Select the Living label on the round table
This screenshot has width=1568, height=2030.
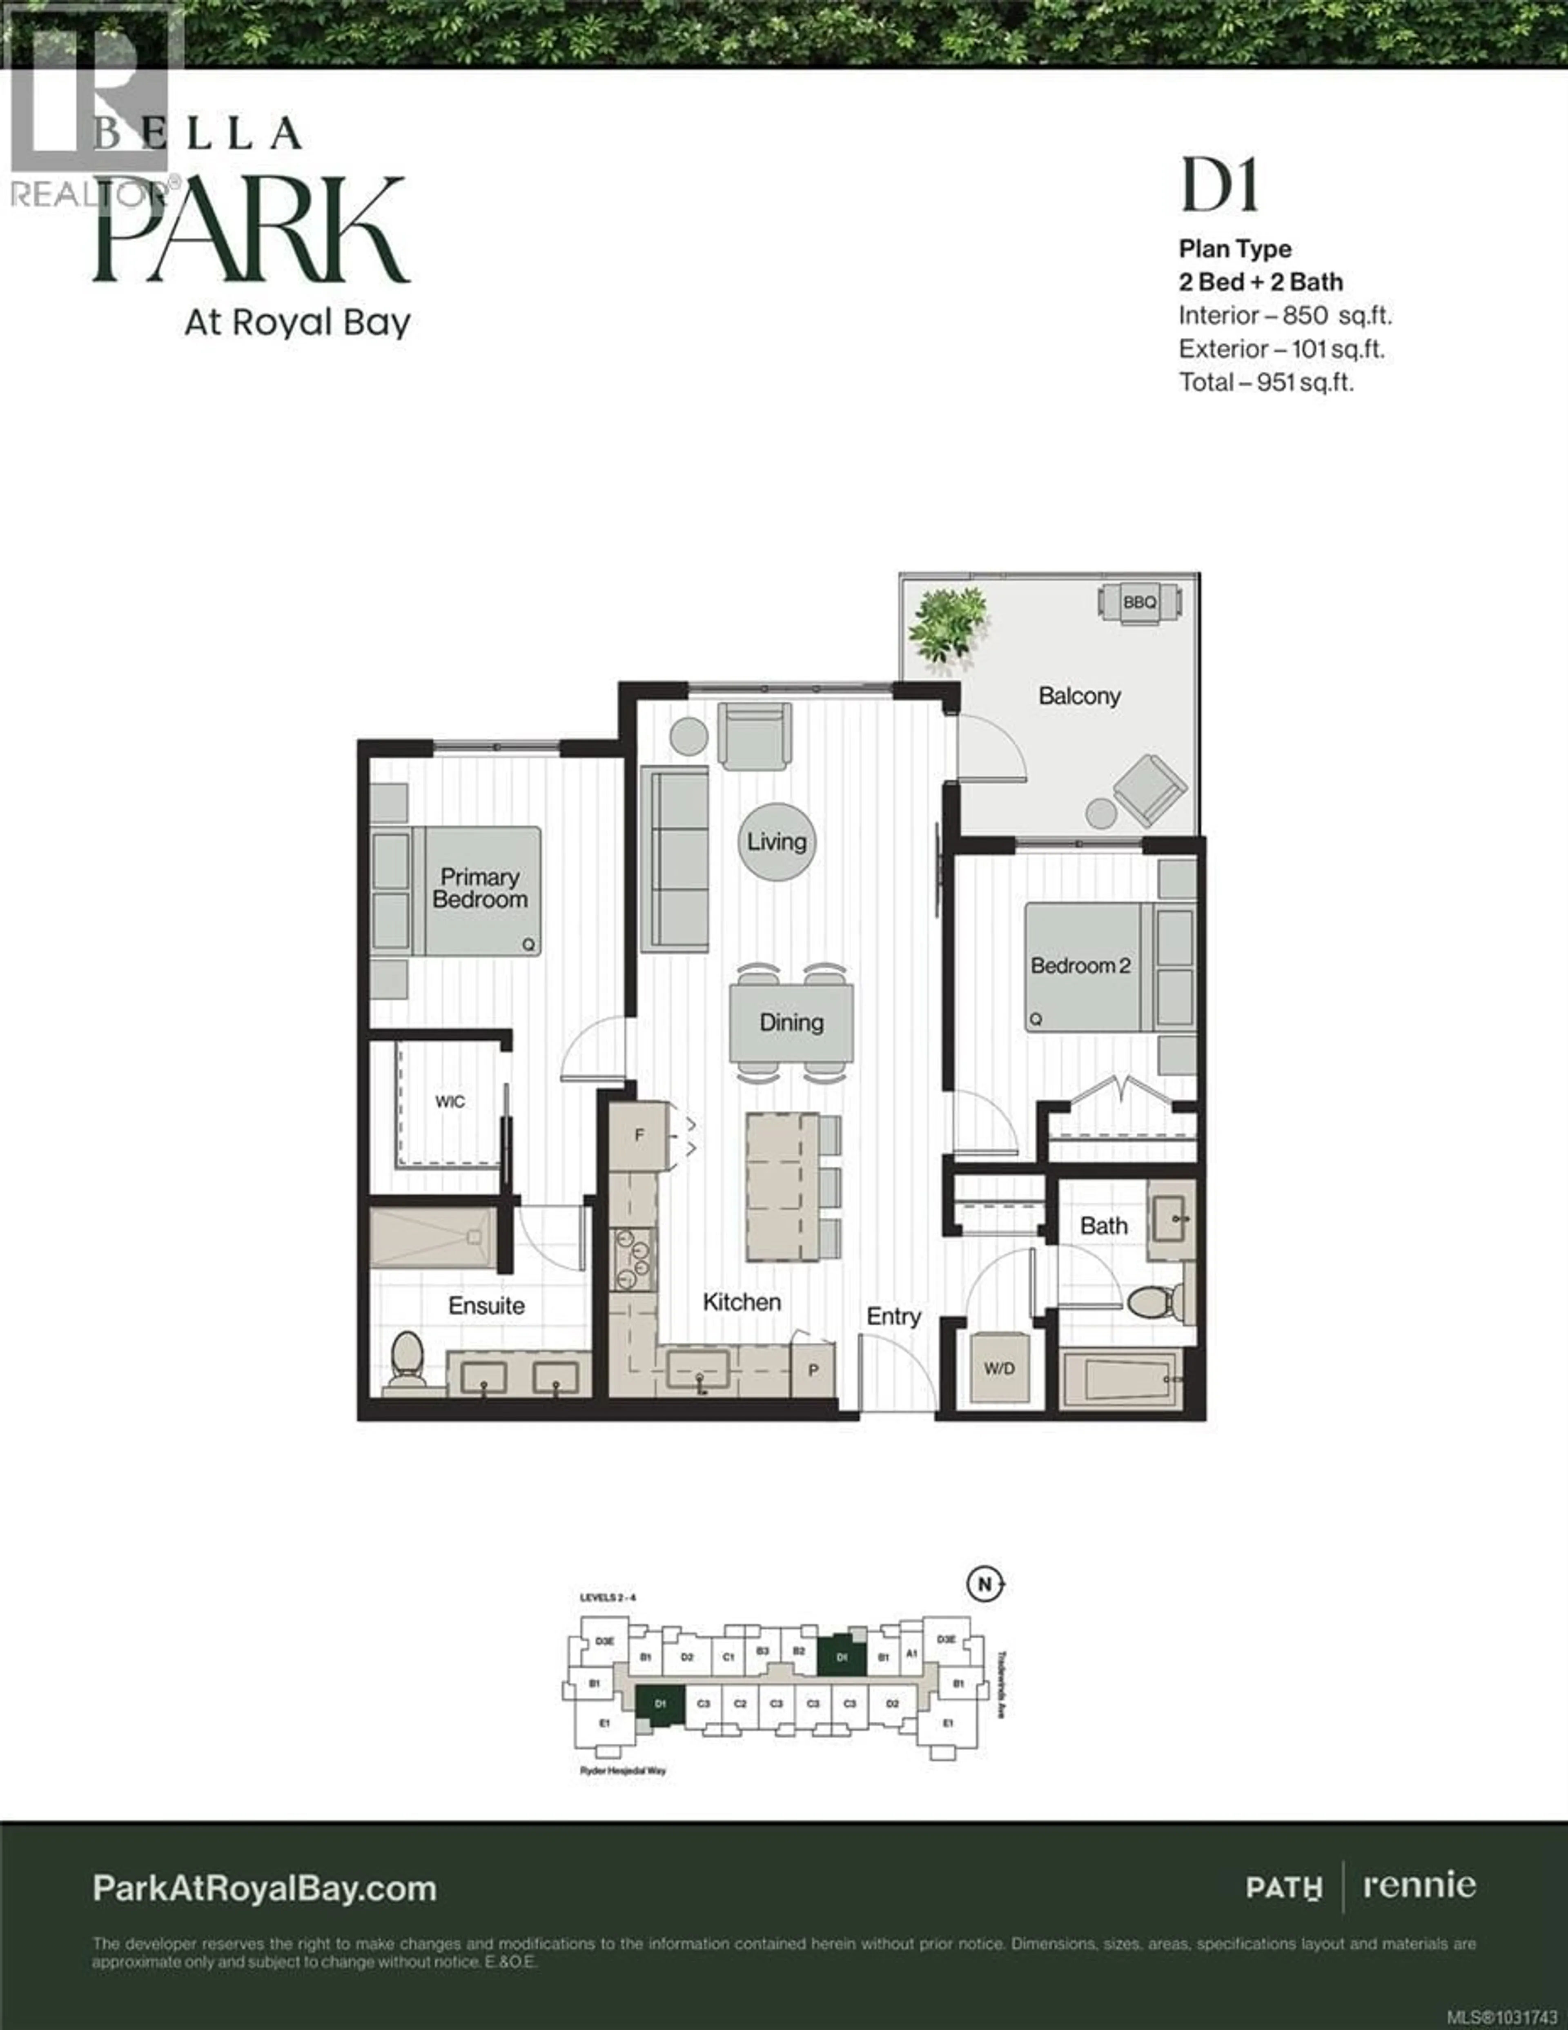pyautogui.click(x=777, y=842)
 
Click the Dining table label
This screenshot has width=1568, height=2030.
pyautogui.click(x=791, y=1023)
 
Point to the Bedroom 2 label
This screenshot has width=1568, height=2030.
pyautogui.click(x=1080, y=966)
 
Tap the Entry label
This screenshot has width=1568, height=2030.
pyautogui.click(x=893, y=1316)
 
